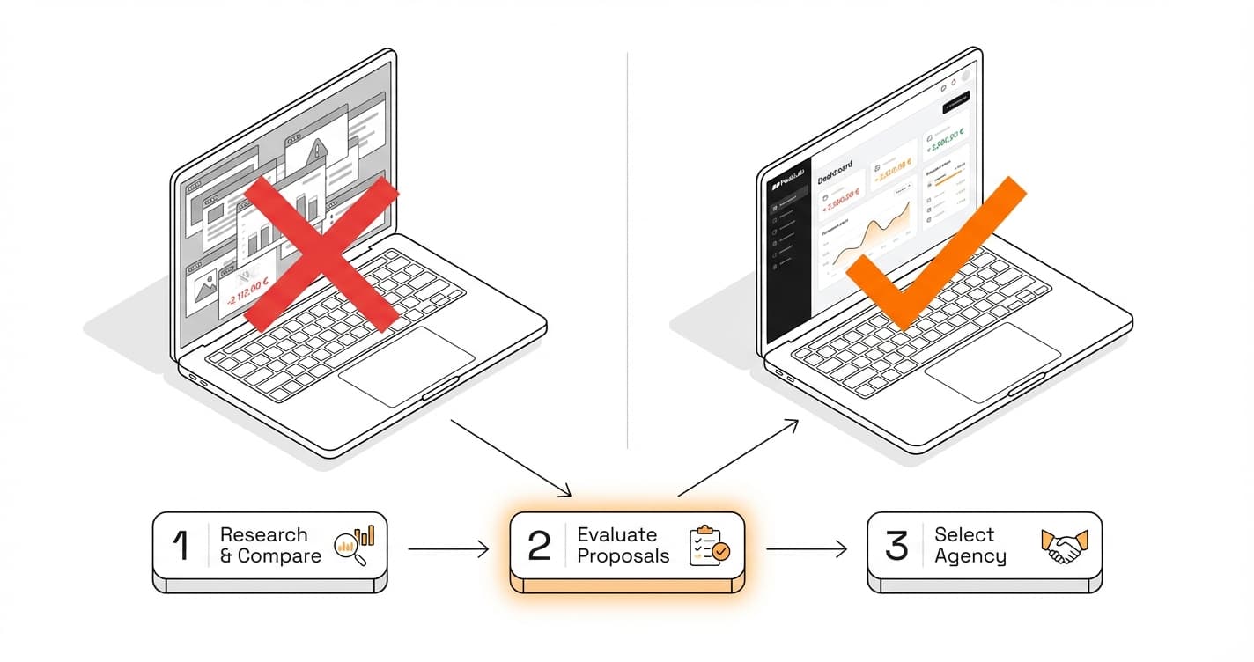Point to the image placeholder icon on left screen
click(205, 285)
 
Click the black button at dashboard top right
click(956, 106)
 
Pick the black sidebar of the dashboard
click(786, 264)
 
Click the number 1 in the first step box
click(181, 546)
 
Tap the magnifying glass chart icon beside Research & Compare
click(355, 545)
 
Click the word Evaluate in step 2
click(616, 534)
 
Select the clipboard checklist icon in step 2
click(709, 546)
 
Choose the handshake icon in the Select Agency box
click(1065, 546)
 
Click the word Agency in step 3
click(970, 556)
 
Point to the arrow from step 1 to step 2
click(447, 550)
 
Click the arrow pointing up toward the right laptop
click(738, 459)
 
